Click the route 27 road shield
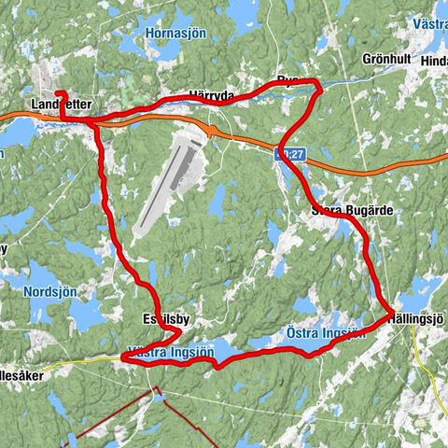(x=291, y=151)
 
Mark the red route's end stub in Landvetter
(x=60, y=93)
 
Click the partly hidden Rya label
(x=286, y=80)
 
